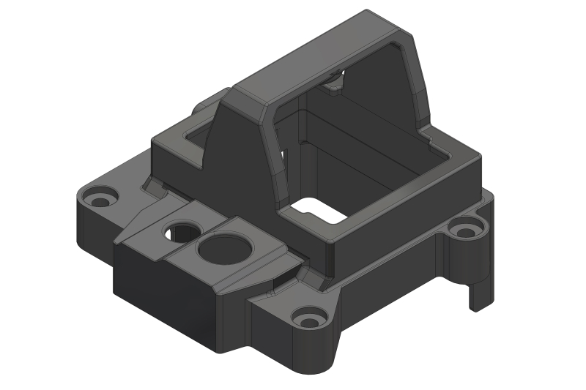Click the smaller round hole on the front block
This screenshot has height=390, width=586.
[180, 233]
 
